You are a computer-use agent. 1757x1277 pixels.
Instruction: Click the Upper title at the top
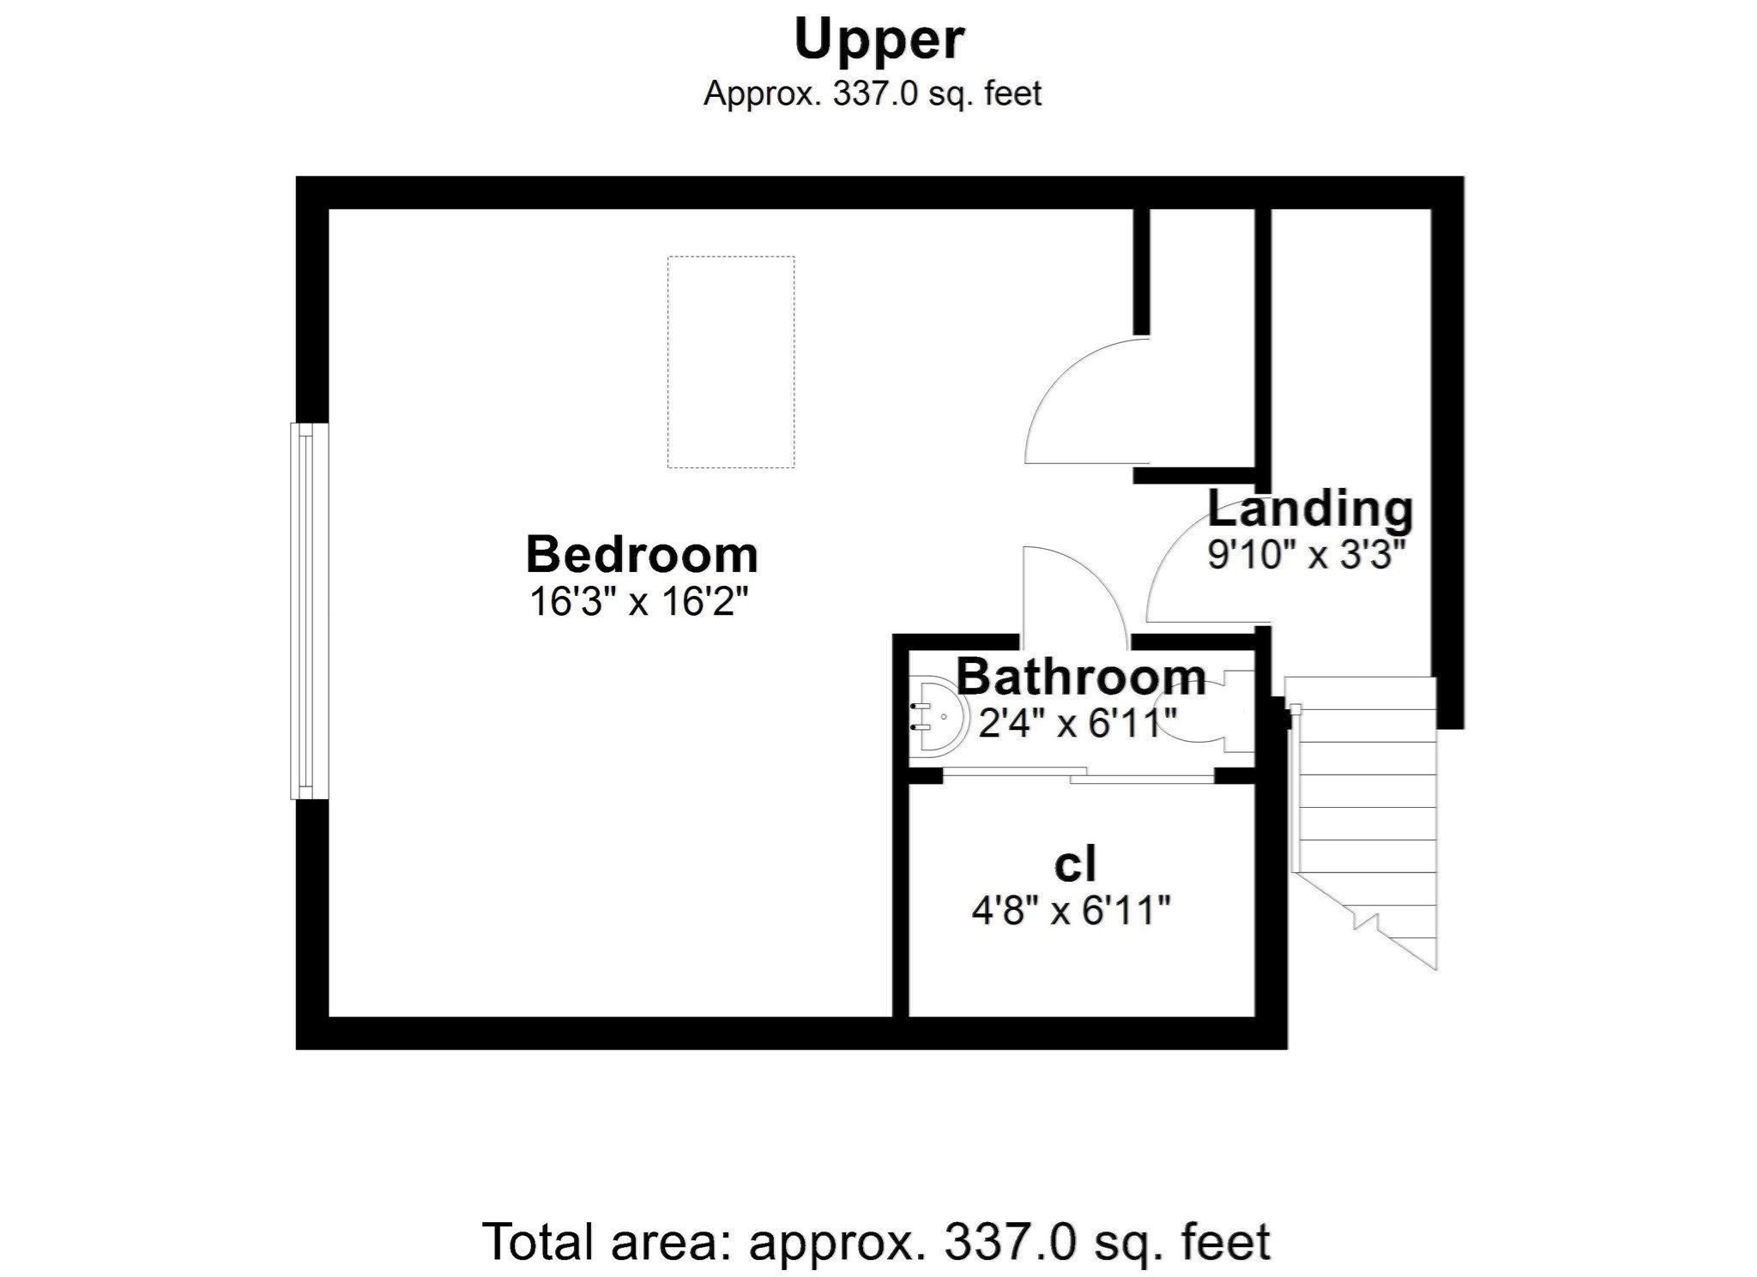tap(878, 40)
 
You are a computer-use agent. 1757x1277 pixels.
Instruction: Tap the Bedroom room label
tap(642, 555)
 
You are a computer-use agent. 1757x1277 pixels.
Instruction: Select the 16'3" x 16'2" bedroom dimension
tap(639, 602)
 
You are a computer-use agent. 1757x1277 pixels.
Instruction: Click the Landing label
tap(1310, 509)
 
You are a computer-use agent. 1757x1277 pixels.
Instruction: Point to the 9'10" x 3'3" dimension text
tap(1307, 555)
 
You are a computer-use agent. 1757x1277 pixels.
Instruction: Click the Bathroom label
tap(1081, 678)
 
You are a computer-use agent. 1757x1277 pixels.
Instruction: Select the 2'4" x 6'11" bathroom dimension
tap(1077, 724)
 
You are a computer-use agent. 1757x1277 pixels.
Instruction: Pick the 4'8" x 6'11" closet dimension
tap(1071, 910)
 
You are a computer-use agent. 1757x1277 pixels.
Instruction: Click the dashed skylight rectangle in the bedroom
tap(731, 362)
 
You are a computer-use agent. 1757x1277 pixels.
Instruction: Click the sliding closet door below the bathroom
tap(1078, 775)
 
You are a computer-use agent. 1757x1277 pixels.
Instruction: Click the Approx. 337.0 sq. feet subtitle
tap(872, 93)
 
